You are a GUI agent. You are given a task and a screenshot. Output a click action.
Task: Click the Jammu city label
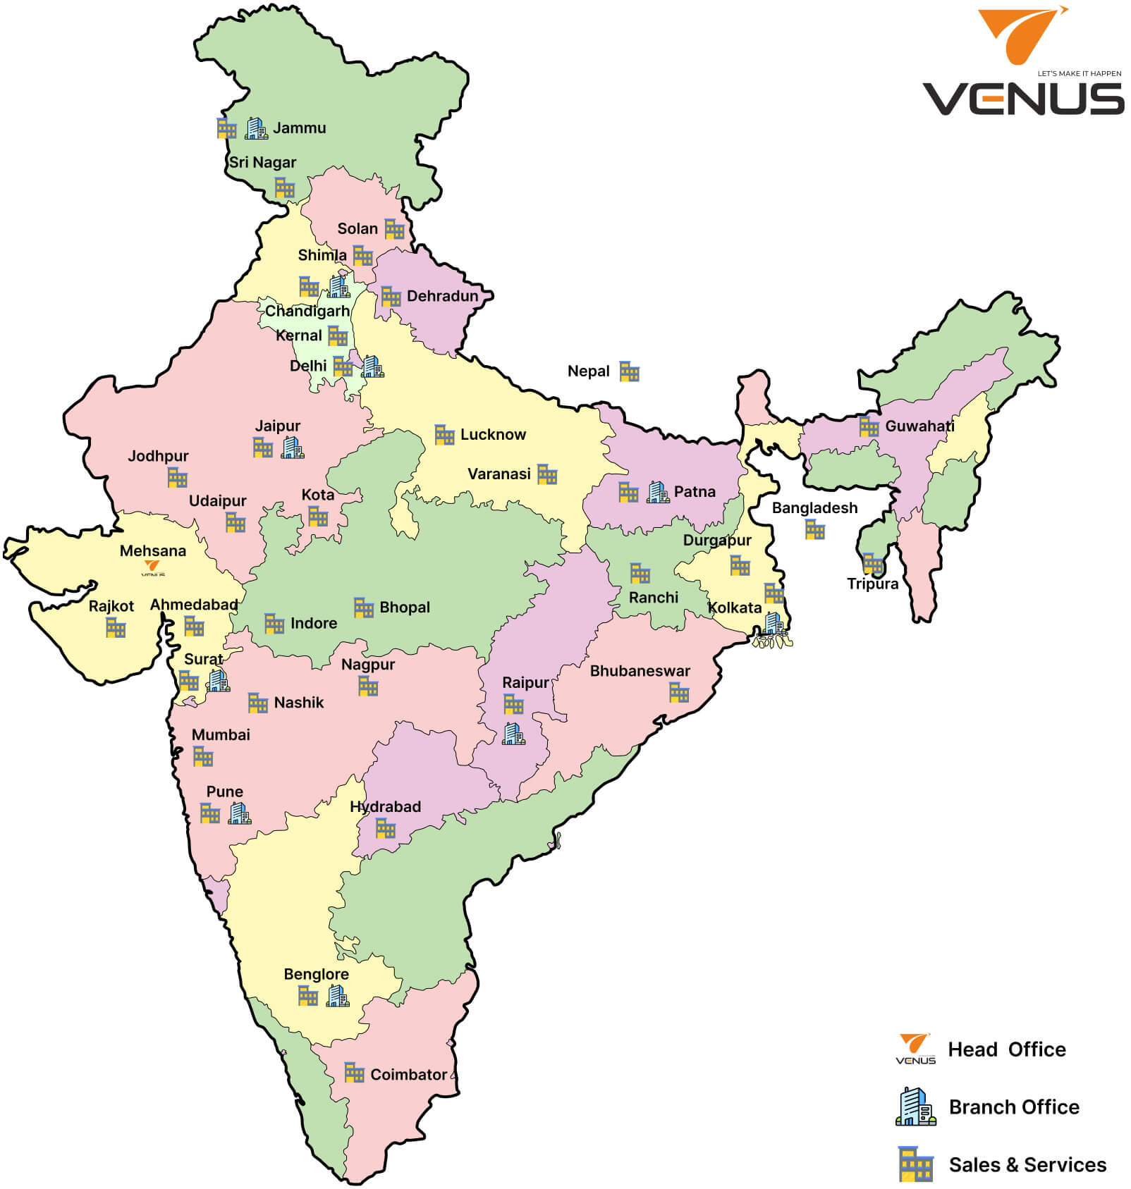[299, 128]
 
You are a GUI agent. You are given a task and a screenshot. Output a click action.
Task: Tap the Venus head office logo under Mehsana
[153, 568]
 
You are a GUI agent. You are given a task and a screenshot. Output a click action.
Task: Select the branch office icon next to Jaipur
[293, 448]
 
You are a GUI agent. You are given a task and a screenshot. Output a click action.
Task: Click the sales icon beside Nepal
[629, 371]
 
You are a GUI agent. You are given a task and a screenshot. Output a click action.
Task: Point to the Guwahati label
[919, 426]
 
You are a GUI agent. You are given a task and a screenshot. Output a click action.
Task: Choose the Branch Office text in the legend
[1013, 1107]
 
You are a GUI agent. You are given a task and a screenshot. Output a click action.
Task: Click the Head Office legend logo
[915, 1049]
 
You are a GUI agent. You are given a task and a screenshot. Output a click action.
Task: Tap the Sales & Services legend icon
[915, 1164]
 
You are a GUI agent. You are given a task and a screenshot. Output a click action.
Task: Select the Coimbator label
[408, 1075]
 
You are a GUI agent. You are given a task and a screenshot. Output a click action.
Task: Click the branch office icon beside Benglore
[338, 996]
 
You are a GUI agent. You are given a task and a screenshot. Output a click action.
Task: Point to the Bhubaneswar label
[640, 671]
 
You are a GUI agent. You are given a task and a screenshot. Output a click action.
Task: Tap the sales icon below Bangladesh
[814, 530]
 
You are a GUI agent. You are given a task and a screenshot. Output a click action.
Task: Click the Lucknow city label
[493, 435]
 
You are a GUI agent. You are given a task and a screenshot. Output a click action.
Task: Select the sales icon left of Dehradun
[391, 297]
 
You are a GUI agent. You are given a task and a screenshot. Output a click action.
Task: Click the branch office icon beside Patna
[657, 492]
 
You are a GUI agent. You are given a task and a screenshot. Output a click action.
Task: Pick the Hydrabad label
[385, 807]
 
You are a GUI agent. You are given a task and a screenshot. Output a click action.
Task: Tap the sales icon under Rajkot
[116, 627]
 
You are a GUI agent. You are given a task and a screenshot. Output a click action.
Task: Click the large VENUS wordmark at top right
[1022, 99]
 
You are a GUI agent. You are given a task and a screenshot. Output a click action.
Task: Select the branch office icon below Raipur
[513, 734]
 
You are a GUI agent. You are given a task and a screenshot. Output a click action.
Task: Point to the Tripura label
[872, 584]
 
